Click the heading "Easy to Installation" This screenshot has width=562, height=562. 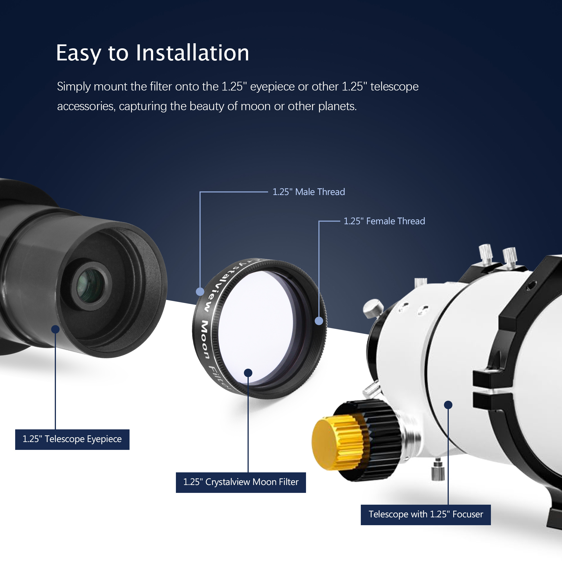(x=152, y=53)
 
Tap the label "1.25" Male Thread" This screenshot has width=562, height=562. (x=309, y=192)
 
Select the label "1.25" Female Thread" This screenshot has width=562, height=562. (x=384, y=221)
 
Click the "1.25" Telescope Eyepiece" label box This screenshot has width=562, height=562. (x=72, y=439)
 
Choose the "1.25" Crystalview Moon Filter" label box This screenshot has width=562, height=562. (x=241, y=482)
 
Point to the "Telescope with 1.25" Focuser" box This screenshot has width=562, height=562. (x=425, y=515)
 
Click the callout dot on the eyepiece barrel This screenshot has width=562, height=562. (x=55, y=329)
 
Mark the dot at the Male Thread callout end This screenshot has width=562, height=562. (x=200, y=291)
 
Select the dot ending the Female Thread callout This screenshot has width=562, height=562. (x=319, y=321)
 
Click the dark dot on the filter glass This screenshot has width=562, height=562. (x=248, y=373)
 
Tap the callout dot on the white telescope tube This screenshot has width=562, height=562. (x=448, y=405)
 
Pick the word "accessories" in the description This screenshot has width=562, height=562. (x=86, y=106)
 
